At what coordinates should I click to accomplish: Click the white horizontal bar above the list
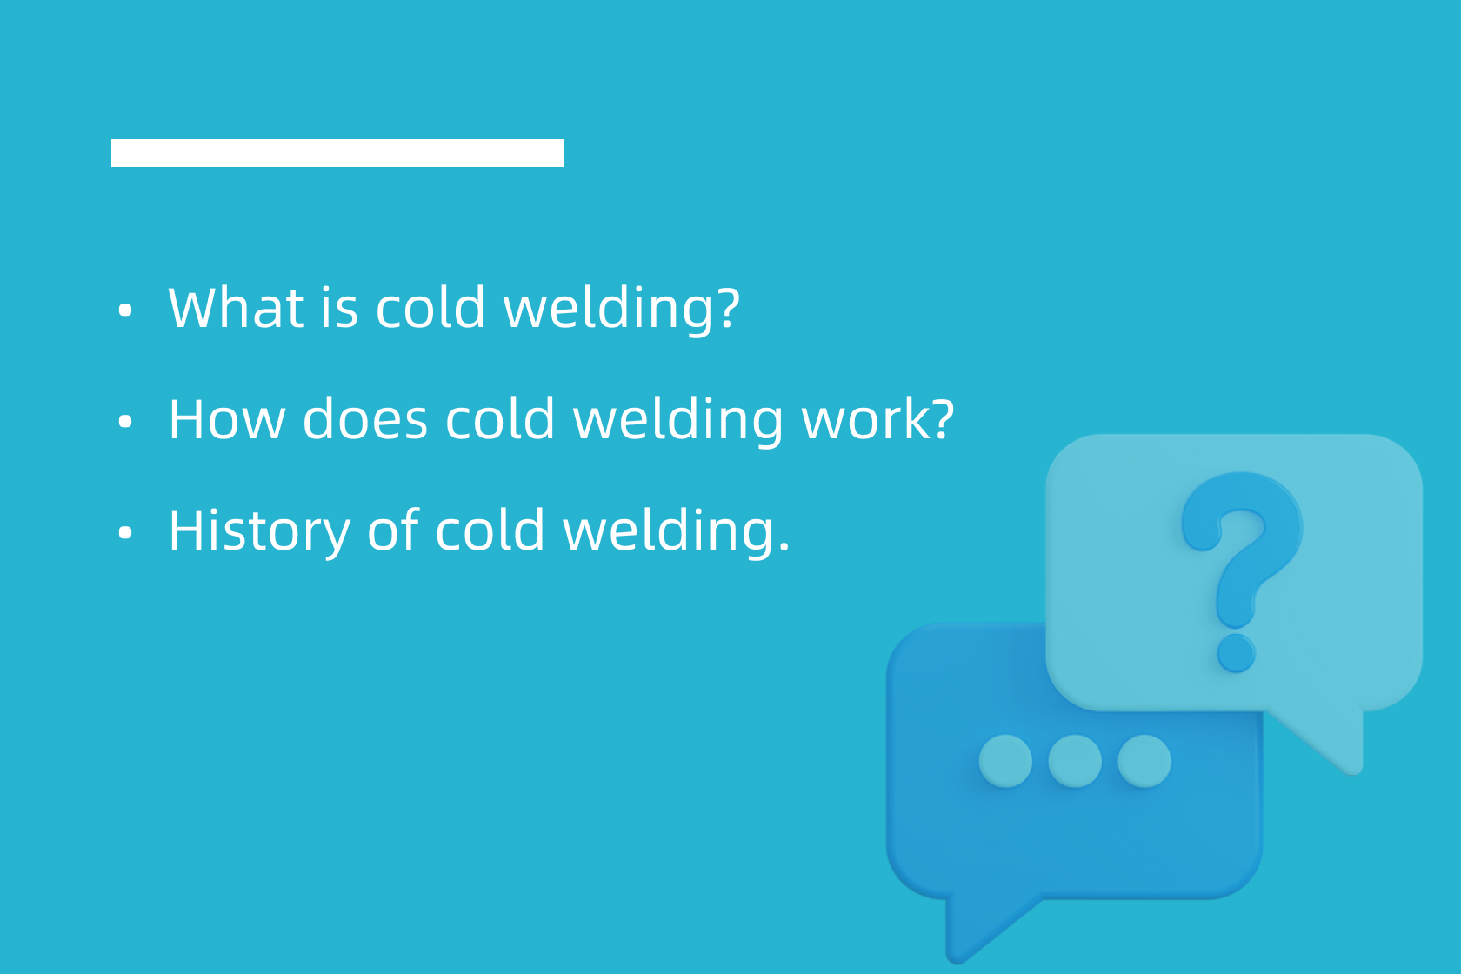[337, 153]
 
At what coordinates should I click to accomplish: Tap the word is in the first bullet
[338, 308]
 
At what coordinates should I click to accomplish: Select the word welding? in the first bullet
[622, 310]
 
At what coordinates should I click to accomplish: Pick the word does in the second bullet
[365, 419]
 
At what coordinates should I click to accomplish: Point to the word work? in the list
[877, 419]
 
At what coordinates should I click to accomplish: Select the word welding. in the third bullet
[677, 532]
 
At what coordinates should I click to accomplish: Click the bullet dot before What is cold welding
[125, 310]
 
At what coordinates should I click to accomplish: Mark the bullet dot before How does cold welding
[125, 422]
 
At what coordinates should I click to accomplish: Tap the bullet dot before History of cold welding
[125, 532]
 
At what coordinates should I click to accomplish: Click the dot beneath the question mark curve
[1236, 652]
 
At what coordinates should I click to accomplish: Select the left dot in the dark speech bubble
[1005, 761]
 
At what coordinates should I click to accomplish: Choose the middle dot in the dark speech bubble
[1075, 761]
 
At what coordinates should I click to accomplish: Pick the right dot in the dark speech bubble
[1144, 761]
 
